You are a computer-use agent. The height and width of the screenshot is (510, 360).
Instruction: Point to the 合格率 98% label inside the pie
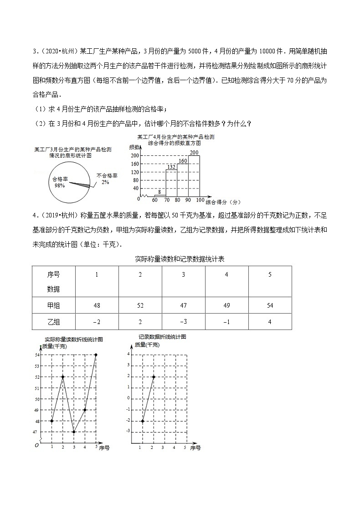point(60,182)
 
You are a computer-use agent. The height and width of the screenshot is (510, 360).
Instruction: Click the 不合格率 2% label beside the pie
point(106,179)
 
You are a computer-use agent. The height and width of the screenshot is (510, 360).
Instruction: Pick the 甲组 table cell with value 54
point(270,305)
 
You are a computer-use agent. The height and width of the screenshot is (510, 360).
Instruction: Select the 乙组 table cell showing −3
point(184,321)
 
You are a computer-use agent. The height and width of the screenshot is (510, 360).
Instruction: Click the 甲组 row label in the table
point(54,305)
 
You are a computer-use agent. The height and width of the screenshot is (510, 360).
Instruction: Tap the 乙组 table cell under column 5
point(270,321)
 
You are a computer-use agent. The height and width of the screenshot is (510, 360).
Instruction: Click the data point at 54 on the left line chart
point(96,355)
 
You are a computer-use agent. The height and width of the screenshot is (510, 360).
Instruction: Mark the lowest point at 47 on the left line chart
point(74,432)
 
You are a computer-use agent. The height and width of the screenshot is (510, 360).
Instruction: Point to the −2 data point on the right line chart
point(143,421)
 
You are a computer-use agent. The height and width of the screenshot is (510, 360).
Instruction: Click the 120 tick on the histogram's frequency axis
point(135,172)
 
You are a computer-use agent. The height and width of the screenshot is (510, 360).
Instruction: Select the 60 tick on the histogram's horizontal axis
point(155,201)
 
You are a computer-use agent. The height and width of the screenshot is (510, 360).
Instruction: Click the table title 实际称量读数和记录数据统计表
point(180,259)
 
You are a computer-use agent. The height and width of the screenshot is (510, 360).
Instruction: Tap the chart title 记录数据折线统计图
point(162,337)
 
